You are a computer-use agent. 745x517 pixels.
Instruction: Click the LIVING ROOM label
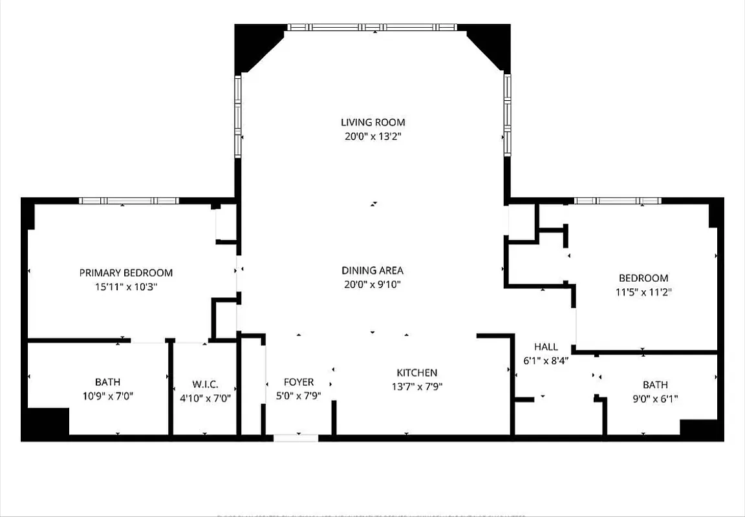coord(372,122)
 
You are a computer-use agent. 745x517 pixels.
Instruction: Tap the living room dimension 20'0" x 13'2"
coord(372,136)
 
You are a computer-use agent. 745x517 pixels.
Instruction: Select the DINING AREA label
coord(372,271)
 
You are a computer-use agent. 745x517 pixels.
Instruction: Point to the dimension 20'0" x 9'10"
coord(372,284)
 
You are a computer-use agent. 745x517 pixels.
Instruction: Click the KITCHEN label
coord(416,373)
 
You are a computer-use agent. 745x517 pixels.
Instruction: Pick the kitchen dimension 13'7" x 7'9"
coord(416,387)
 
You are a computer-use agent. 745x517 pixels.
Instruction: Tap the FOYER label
coord(299,382)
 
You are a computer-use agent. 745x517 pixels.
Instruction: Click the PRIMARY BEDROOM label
coord(126,273)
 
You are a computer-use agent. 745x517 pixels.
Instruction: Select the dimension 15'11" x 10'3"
coord(126,287)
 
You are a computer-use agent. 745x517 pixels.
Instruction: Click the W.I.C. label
coord(205,383)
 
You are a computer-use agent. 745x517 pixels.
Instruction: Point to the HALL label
coord(546,347)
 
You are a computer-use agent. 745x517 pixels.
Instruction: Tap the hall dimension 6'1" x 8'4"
coord(546,361)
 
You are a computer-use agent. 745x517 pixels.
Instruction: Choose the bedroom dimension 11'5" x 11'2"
coord(643,292)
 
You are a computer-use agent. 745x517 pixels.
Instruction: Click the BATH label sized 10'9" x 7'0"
coord(107,382)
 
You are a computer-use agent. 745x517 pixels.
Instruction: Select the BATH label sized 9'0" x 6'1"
coord(655,385)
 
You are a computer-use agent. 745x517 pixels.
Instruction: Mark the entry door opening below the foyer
coord(296,438)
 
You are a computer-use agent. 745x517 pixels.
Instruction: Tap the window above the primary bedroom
coord(129,201)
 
